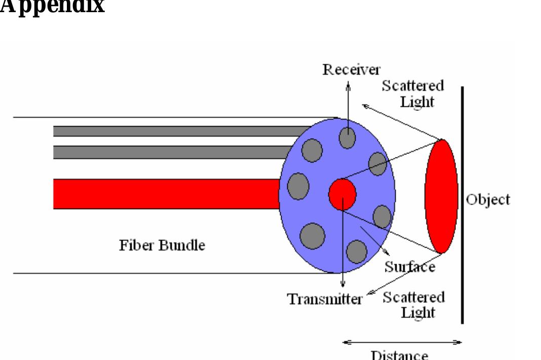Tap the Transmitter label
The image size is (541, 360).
(325, 299)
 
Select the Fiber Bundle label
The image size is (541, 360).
(163, 246)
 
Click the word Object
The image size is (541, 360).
(487, 199)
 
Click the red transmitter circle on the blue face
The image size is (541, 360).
(342, 194)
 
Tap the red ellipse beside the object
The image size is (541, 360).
(441, 196)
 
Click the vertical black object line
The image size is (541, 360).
(462, 203)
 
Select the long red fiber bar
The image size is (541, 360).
(167, 194)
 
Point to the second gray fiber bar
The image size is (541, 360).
(172, 152)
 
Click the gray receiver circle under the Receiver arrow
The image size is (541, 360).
(347, 137)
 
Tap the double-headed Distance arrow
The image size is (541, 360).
(403, 342)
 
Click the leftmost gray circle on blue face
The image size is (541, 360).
(298, 185)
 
